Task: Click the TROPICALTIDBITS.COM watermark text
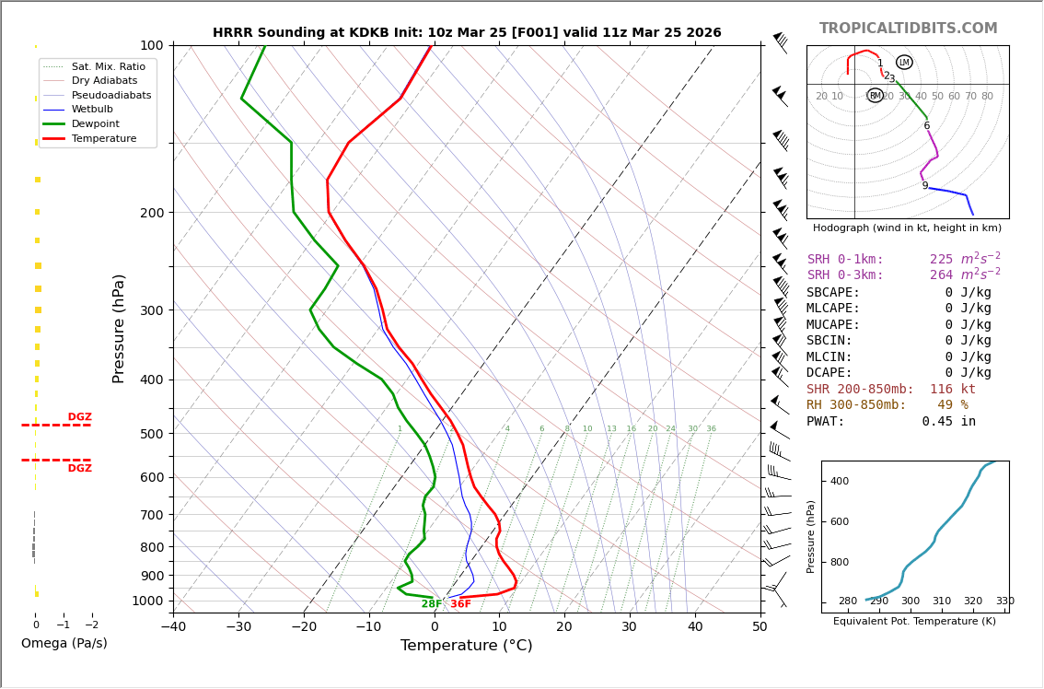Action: pos(908,29)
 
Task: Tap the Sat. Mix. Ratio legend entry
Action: pos(108,67)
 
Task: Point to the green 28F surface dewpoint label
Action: pos(432,604)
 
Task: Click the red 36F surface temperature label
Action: pos(460,604)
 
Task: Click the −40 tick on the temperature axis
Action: pos(173,627)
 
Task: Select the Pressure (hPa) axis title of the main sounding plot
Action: pos(119,328)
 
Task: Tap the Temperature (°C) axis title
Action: pos(466,646)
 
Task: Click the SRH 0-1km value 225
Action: pos(941,260)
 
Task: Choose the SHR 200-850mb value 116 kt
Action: pos(952,390)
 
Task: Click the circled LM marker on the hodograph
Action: pos(904,63)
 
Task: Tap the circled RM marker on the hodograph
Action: pos(875,96)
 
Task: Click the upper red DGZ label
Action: pos(79,417)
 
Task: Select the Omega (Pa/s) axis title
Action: pos(64,644)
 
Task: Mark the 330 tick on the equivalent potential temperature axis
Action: pos(1004,601)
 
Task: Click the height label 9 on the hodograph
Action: pos(925,186)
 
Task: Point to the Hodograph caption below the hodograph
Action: pos(907,228)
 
